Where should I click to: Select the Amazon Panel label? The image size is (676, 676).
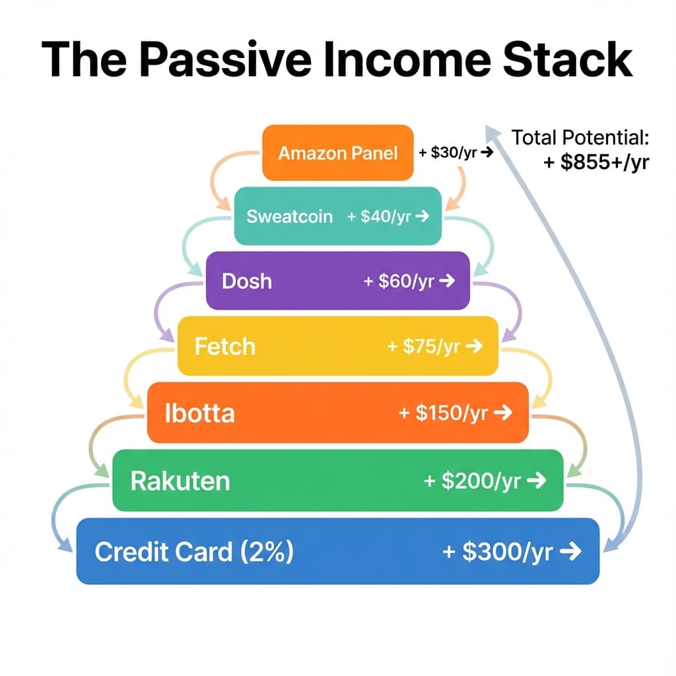tap(338, 153)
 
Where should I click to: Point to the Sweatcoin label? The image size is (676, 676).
tap(290, 217)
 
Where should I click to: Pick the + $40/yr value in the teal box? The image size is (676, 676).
tap(380, 217)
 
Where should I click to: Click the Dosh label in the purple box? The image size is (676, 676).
tap(247, 281)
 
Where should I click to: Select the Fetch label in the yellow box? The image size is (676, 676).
tap(224, 346)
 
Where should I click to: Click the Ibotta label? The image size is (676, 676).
tap(199, 413)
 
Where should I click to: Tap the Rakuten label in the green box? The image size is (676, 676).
tap(180, 481)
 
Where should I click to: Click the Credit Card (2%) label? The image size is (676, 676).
tap(194, 552)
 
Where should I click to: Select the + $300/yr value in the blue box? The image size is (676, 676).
tap(498, 552)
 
